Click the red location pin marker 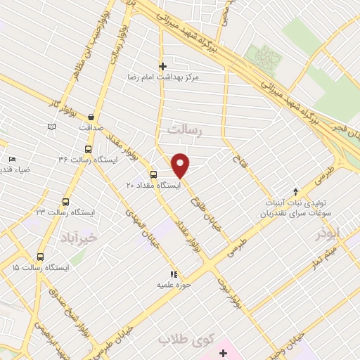181,165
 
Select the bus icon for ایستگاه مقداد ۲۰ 153,174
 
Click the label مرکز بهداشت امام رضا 164,76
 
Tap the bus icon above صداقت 91,117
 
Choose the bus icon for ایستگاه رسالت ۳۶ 88,149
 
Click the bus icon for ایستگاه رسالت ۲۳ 65,202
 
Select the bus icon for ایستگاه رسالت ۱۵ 40,257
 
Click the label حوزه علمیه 174,285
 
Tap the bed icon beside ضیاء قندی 12,159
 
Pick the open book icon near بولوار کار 51,127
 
